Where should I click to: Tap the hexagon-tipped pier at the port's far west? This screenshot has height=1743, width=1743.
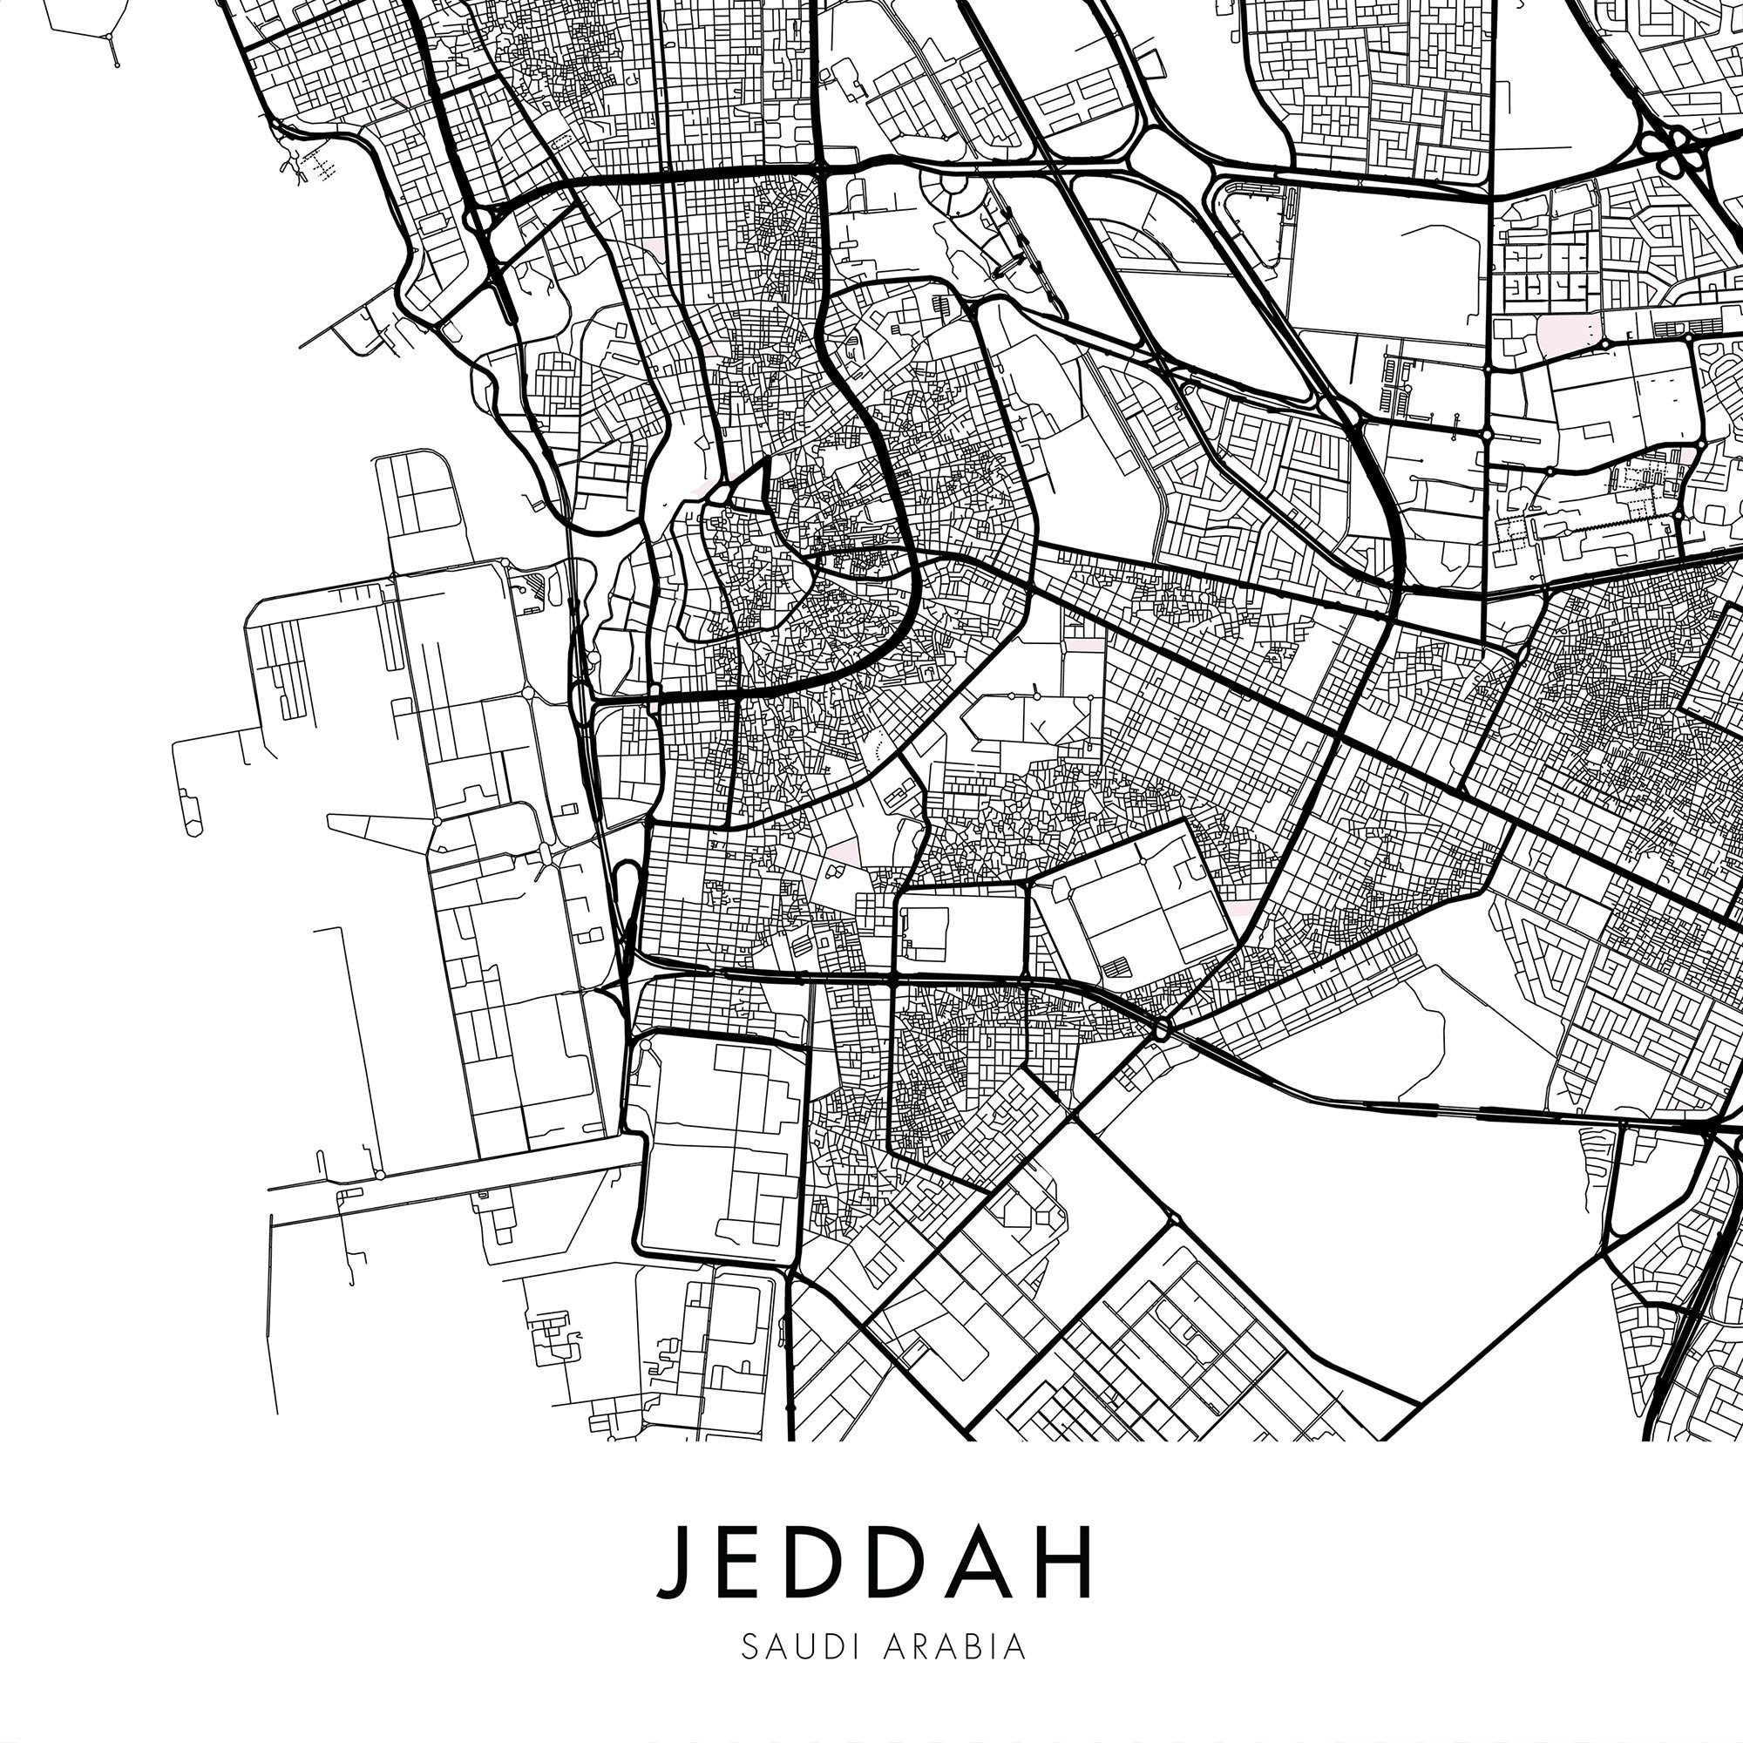[x=192, y=824]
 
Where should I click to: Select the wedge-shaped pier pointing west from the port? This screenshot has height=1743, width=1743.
[x=370, y=827]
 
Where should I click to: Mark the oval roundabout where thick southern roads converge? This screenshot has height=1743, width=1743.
[x=1161, y=1028]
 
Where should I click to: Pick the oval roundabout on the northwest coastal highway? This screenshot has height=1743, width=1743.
[x=478, y=220]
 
